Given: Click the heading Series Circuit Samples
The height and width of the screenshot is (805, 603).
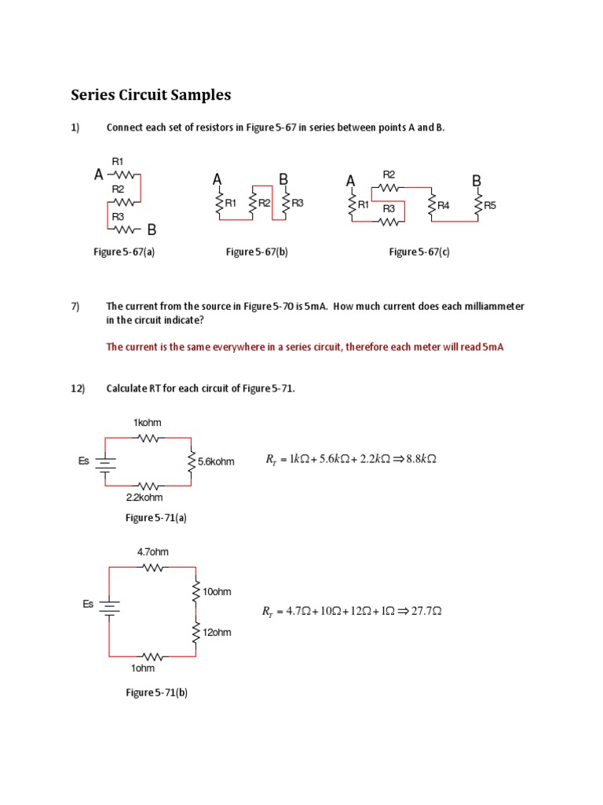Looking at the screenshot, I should click(151, 95).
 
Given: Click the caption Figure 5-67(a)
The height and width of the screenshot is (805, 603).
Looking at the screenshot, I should click(130, 252).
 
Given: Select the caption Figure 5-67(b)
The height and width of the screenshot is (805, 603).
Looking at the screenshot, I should click(251, 252).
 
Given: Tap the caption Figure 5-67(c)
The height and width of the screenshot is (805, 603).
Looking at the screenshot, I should click(419, 252).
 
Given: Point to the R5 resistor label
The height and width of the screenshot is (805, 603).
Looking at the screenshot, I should click(490, 206).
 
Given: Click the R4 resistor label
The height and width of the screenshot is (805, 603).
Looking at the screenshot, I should click(444, 206).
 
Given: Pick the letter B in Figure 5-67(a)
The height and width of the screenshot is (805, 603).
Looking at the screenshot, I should click(152, 230).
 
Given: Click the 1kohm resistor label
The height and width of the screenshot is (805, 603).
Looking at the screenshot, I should click(148, 423).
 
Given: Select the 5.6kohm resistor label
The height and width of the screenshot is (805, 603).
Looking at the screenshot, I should click(217, 461).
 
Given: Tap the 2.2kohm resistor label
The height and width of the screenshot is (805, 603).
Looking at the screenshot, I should click(144, 498).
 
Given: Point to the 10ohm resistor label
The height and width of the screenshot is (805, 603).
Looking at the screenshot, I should click(217, 591).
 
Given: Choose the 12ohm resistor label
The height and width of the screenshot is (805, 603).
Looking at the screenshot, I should click(217, 632).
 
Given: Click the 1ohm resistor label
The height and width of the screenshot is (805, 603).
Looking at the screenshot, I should click(143, 668).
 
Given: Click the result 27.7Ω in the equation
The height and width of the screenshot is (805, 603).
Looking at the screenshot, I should click(425, 611).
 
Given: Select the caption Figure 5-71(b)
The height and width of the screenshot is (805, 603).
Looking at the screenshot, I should click(156, 693).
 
